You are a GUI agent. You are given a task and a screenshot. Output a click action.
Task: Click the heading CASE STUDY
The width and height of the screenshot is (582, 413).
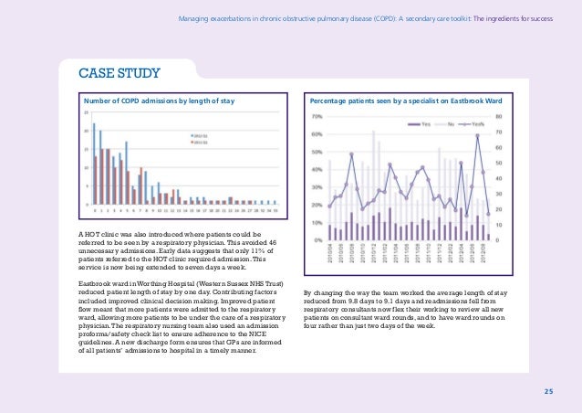108,71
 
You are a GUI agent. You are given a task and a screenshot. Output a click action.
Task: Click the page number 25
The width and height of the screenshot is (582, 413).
548,392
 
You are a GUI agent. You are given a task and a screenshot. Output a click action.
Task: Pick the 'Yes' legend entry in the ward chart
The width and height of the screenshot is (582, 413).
426,124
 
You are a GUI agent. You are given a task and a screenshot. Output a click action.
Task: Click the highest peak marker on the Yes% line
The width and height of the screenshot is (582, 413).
477,136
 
